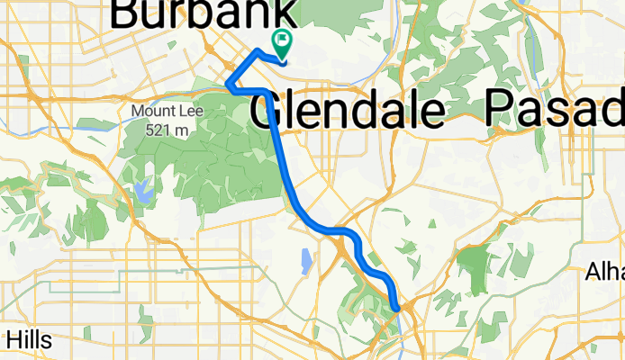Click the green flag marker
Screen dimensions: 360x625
[x=282, y=40]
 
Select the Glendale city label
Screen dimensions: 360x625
[x=347, y=112]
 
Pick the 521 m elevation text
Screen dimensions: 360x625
[x=168, y=129]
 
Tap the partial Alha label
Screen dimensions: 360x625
[x=604, y=271]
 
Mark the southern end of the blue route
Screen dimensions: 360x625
[x=397, y=308]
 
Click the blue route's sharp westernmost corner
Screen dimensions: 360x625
[x=227, y=86]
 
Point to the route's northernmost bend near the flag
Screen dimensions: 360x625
[x=259, y=50]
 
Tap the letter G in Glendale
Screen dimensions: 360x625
[x=267, y=112]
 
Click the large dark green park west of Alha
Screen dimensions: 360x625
[x=475, y=265]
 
